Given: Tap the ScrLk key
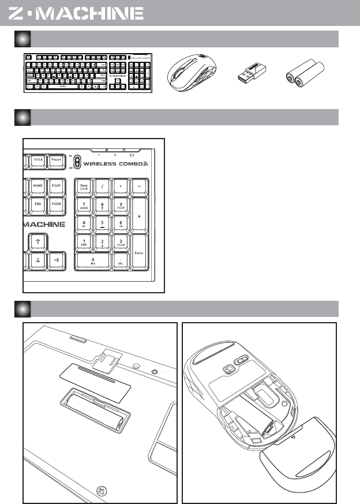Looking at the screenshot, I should click(x=39, y=159).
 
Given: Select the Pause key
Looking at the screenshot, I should click(x=57, y=159).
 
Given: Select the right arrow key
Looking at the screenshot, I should click(x=57, y=260).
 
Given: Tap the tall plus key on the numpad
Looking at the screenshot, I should click(x=139, y=214).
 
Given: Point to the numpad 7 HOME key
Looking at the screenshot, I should click(x=84, y=205).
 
